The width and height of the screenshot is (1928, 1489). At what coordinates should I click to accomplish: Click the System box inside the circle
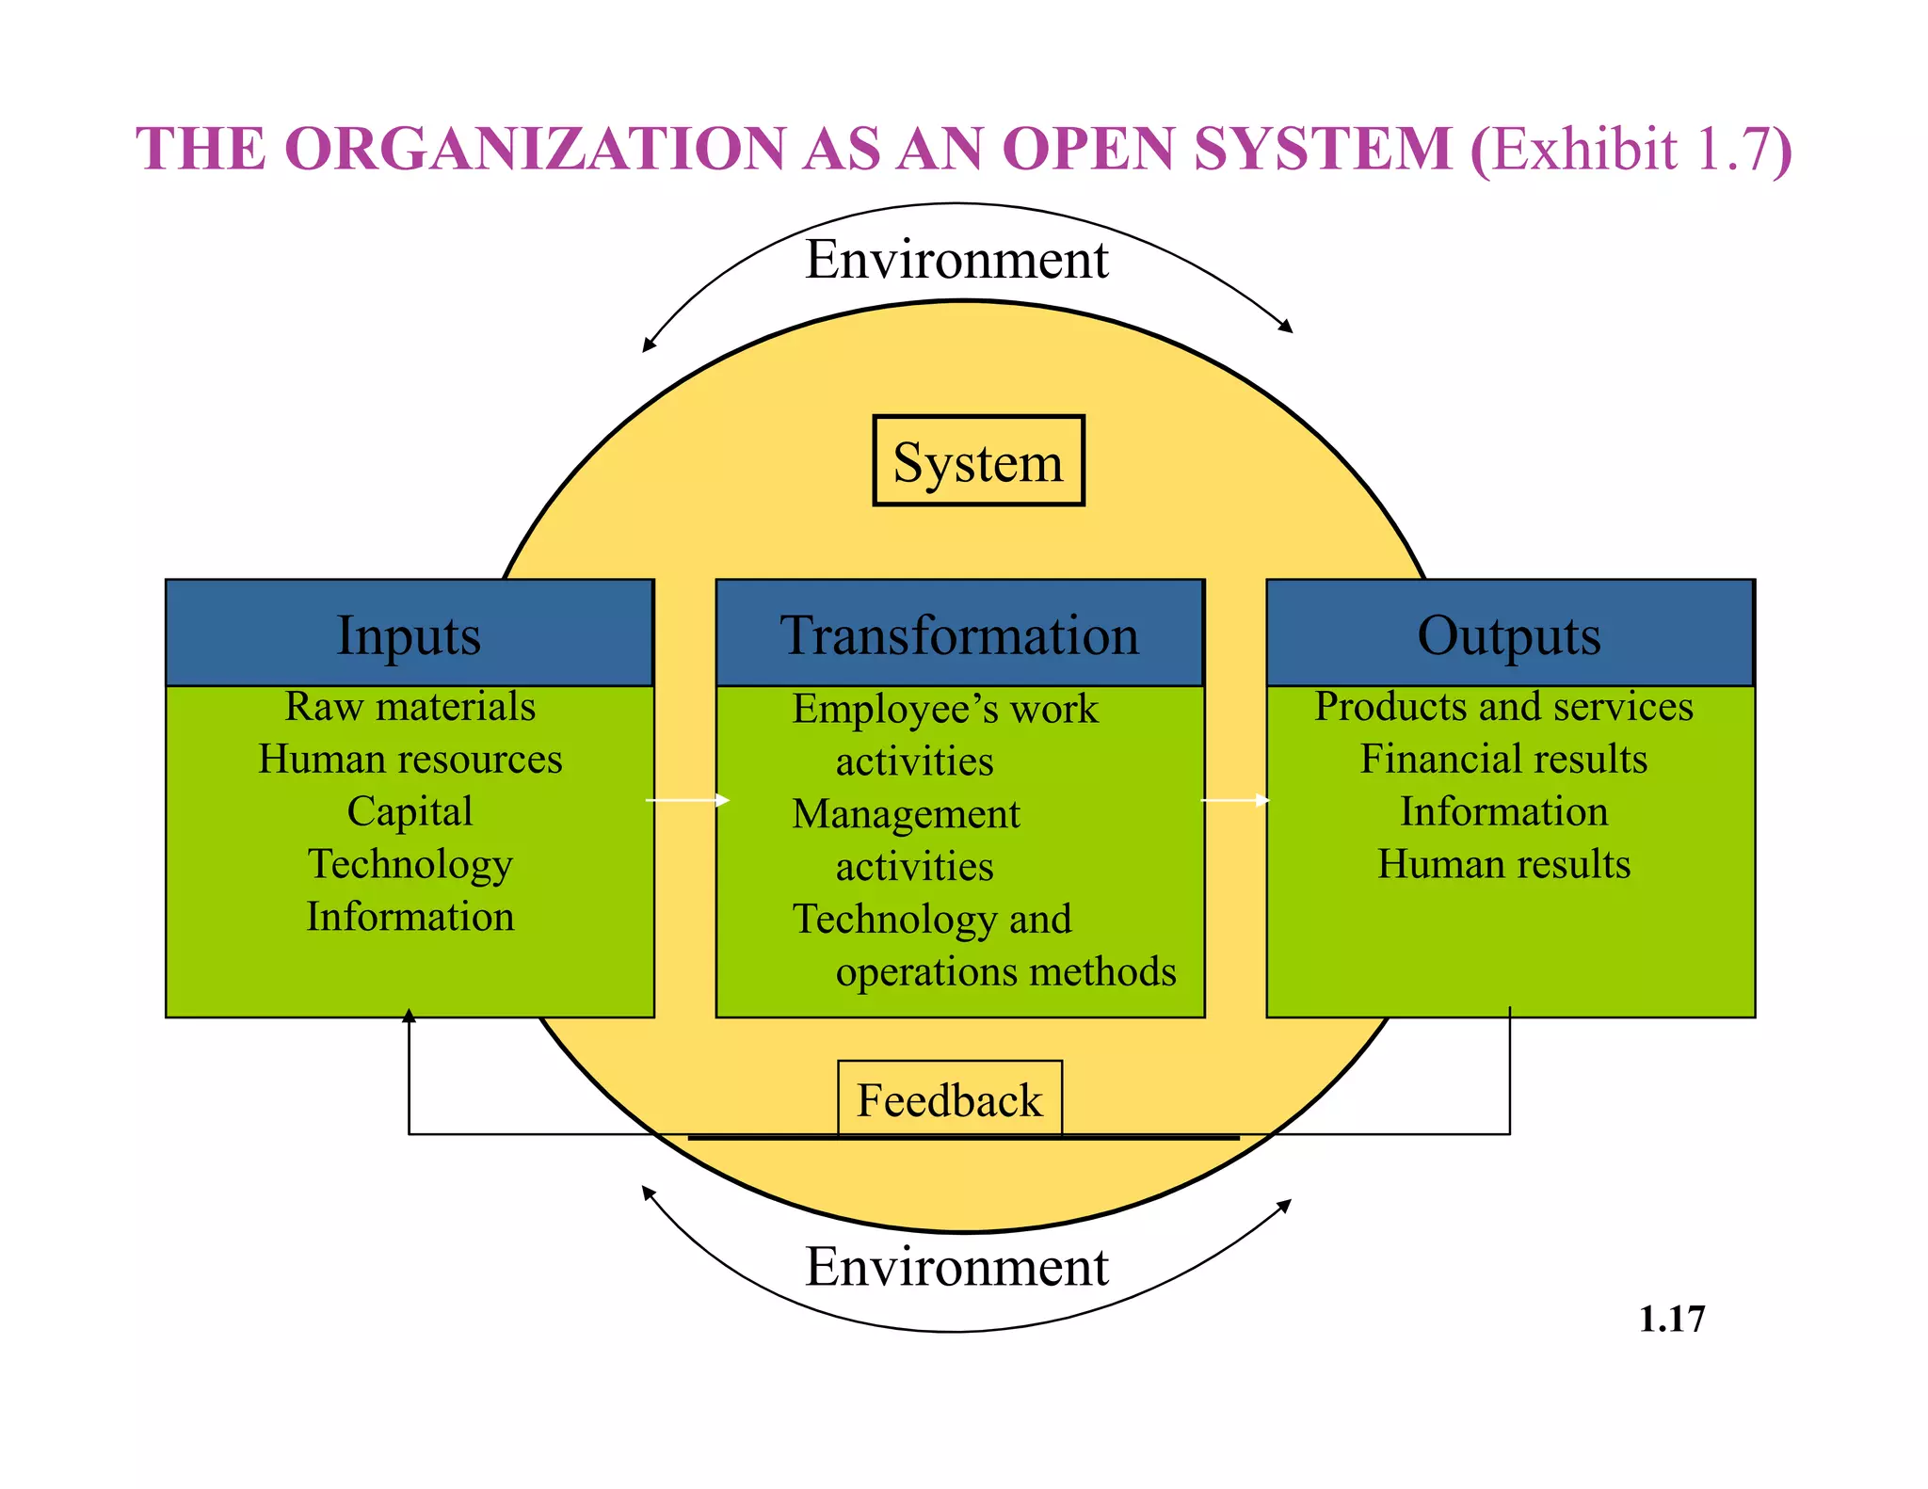[978, 461]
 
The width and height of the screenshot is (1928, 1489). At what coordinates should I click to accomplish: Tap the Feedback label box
[950, 1099]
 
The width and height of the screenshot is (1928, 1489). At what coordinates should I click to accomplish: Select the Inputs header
[410, 633]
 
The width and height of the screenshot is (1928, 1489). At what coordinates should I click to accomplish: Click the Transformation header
[959, 633]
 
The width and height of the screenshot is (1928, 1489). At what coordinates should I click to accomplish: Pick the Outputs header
[1509, 633]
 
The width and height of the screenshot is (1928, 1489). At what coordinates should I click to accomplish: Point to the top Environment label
[956, 259]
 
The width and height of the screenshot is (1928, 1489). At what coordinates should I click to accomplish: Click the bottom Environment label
[956, 1266]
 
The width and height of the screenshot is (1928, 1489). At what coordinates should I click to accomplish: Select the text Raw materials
[410, 706]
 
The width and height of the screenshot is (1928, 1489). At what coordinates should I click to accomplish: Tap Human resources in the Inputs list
[410, 759]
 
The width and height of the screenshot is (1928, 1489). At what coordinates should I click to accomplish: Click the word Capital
[410, 811]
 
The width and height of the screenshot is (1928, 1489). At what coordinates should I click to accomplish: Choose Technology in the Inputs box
[410, 864]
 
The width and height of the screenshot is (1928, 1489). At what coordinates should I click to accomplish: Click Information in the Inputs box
[410, 917]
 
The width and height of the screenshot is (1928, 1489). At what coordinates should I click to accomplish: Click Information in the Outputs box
[1503, 811]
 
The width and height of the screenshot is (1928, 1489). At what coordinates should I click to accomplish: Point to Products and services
[1503, 706]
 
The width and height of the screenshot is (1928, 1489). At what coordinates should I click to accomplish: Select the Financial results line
[1503, 759]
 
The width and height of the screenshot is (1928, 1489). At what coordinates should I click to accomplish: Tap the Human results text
[1503, 864]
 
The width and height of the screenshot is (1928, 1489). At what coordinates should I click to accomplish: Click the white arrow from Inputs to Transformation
[687, 800]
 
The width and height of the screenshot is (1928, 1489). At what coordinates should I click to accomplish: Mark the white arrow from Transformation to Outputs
[1235, 800]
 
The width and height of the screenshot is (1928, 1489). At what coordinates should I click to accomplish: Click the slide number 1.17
[1671, 1319]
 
